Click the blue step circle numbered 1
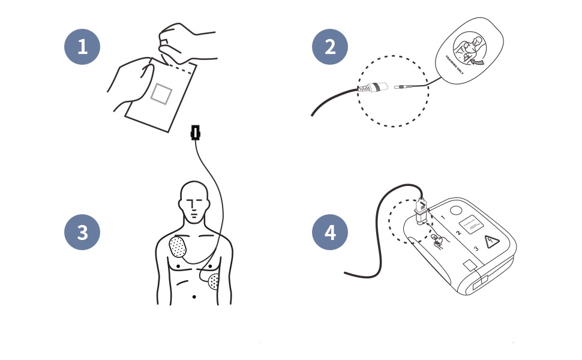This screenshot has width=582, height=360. pos(82,46)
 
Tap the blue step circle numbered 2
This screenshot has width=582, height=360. pos(330,46)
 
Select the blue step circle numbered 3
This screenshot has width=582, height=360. pos(82,232)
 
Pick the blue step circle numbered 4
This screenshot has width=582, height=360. pos(330,232)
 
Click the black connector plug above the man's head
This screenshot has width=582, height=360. pos(194,133)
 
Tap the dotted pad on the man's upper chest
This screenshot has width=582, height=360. pos(179,247)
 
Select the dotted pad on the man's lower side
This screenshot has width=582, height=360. pos(214,280)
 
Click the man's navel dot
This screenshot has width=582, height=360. pos(194,297)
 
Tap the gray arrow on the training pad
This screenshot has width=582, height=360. pos(479,60)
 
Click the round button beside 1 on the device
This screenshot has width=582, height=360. pos(454,211)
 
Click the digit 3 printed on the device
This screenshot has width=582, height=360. pos(475,248)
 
